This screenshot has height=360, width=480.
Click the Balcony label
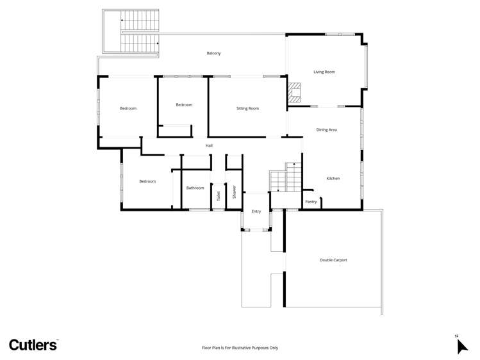coord(213,53)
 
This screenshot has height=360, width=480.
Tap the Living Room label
coord(324,72)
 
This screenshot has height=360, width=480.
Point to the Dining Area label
coord(326,130)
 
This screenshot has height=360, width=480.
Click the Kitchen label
coord(333,178)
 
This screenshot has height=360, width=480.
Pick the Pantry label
coord(311,202)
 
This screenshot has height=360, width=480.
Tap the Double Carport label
coord(333,260)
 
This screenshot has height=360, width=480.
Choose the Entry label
coord(256,211)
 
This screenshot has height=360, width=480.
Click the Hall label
coord(209,145)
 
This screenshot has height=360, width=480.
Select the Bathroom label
coord(195,188)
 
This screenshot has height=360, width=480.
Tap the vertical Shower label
coord(234,192)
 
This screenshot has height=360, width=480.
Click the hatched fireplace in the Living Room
coord(295,92)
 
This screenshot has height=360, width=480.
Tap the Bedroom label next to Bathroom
coord(147,181)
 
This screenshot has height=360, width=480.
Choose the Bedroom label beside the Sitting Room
coord(184,104)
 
